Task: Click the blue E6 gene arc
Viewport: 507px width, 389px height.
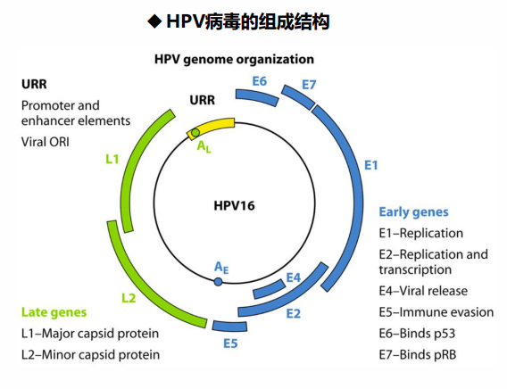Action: [x=257, y=97]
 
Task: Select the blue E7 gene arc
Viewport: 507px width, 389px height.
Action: [x=298, y=97]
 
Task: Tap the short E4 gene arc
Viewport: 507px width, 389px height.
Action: [x=269, y=289]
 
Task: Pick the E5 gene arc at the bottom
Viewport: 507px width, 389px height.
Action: [x=229, y=326]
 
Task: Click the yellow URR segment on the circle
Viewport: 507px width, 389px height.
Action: [x=211, y=128]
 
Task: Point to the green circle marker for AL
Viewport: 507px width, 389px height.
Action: [x=195, y=132]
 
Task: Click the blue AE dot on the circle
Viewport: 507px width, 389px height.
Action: [x=219, y=282]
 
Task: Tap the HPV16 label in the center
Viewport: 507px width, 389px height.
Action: [x=234, y=206]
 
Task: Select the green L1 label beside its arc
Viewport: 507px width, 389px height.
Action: [x=112, y=159]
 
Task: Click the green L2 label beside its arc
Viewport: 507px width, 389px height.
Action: [x=129, y=298]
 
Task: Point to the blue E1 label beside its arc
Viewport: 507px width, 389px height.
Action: [x=370, y=165]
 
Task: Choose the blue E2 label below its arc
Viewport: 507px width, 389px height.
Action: [x=294, y=313]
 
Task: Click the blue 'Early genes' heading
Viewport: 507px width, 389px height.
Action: [x=413, y=212]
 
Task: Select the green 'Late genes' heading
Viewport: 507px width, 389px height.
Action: [x=54, y=312]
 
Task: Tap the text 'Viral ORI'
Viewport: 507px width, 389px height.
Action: [x=46, y=142]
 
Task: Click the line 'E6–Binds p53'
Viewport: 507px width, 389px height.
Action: [x=417, y=334]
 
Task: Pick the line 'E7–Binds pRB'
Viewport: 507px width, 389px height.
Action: [x=418, y=355]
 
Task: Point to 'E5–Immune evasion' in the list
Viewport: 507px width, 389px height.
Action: [x=436, y=312]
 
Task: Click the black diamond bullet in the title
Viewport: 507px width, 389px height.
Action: [x=154, y=21]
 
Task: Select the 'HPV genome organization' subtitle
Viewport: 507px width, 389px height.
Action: [x=234, y=60]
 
